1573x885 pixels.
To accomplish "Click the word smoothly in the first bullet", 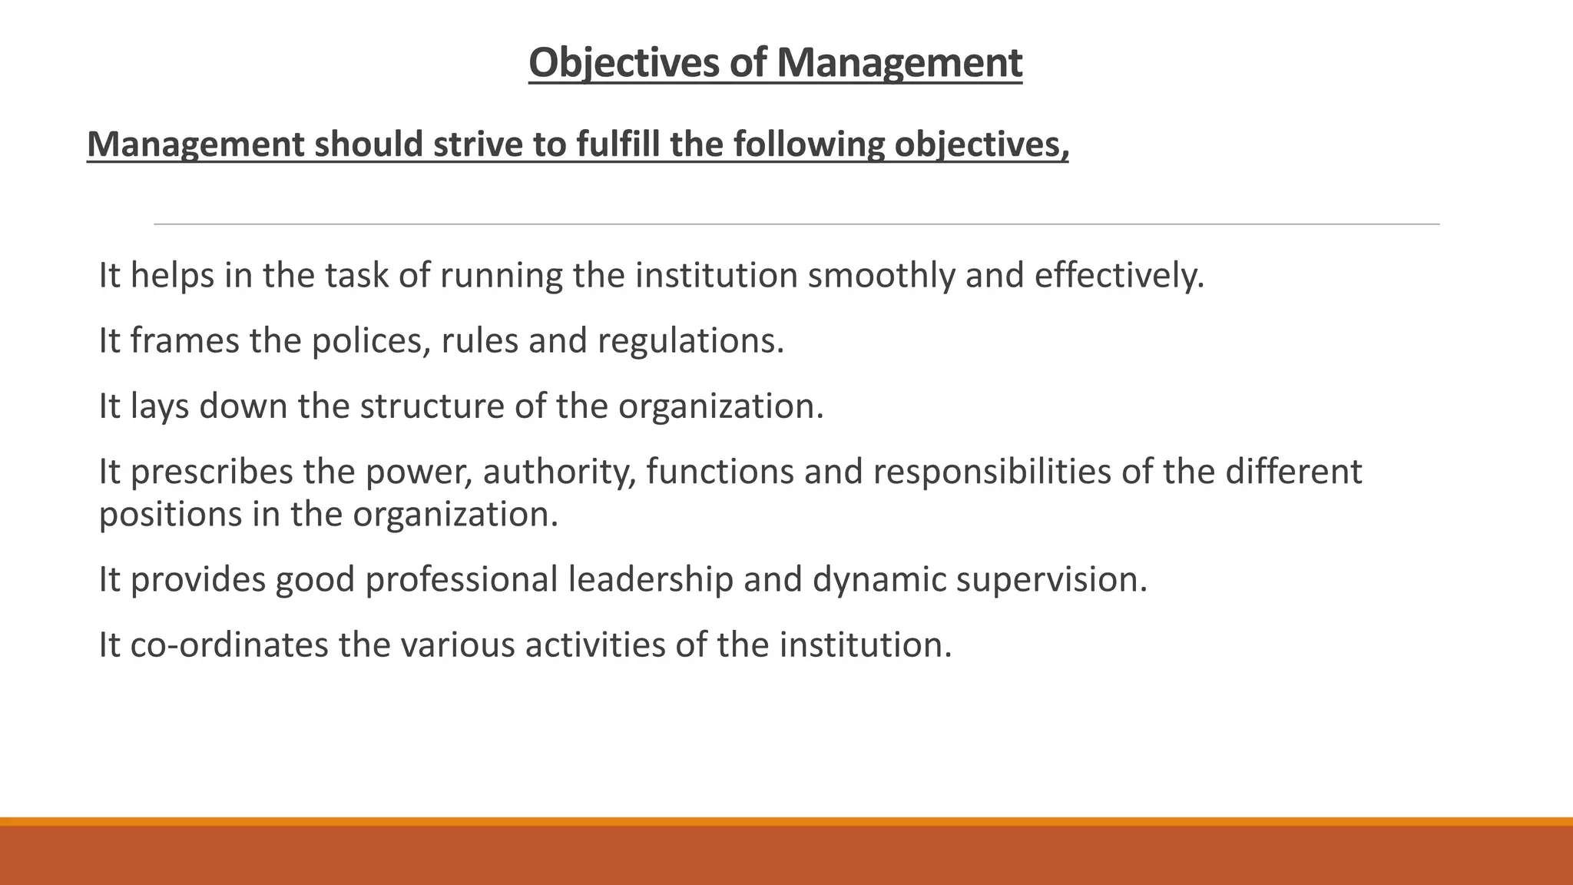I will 881,276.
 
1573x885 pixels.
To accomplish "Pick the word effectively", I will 1119,276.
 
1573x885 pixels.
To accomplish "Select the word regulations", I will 690,341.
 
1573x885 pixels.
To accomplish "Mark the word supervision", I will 1051,579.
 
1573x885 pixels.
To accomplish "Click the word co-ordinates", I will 229,645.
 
